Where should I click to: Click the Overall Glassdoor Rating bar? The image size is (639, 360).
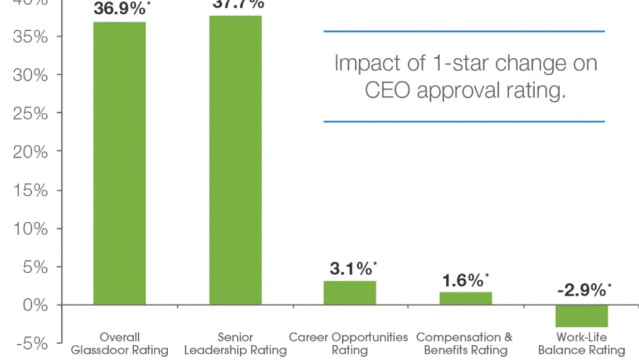(119, 163)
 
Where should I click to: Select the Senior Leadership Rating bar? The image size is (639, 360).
(235, 160)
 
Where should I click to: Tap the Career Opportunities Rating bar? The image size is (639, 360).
(349, 293)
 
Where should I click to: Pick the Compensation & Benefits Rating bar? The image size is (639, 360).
(466, 298)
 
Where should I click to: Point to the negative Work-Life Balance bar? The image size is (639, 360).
(582, 316)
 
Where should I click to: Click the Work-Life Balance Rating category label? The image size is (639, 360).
(580, 344)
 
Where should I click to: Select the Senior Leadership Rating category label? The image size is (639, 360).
(235, 344)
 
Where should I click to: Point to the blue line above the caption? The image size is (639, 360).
(464, 31)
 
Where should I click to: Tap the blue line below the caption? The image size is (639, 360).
(464, 121)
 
